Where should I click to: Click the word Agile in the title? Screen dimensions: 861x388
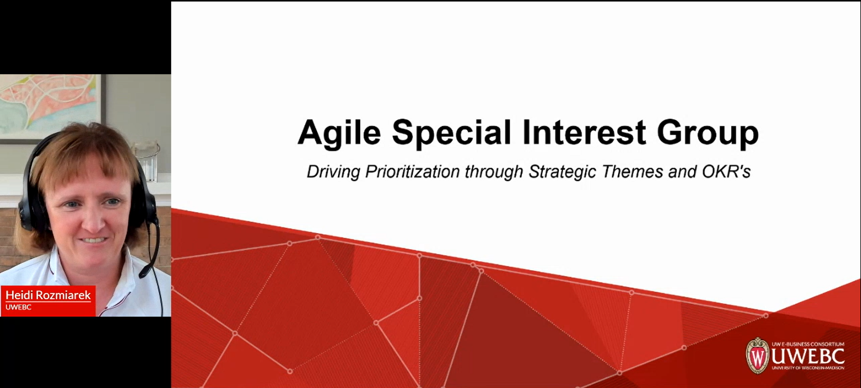339,133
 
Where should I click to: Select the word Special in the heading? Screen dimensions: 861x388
451,133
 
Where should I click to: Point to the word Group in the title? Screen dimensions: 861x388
707,133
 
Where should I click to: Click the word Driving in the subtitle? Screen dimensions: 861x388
333,172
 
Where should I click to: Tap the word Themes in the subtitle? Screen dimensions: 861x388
632,172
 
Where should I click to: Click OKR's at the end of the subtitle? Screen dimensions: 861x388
726,172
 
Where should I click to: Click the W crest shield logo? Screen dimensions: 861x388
757,356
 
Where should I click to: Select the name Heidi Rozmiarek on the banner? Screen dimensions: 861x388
48,295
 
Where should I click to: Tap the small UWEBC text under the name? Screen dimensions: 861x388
18,307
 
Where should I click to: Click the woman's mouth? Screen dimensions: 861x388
93,240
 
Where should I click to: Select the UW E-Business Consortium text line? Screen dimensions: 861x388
808,344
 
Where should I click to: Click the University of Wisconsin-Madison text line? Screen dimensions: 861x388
808,368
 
